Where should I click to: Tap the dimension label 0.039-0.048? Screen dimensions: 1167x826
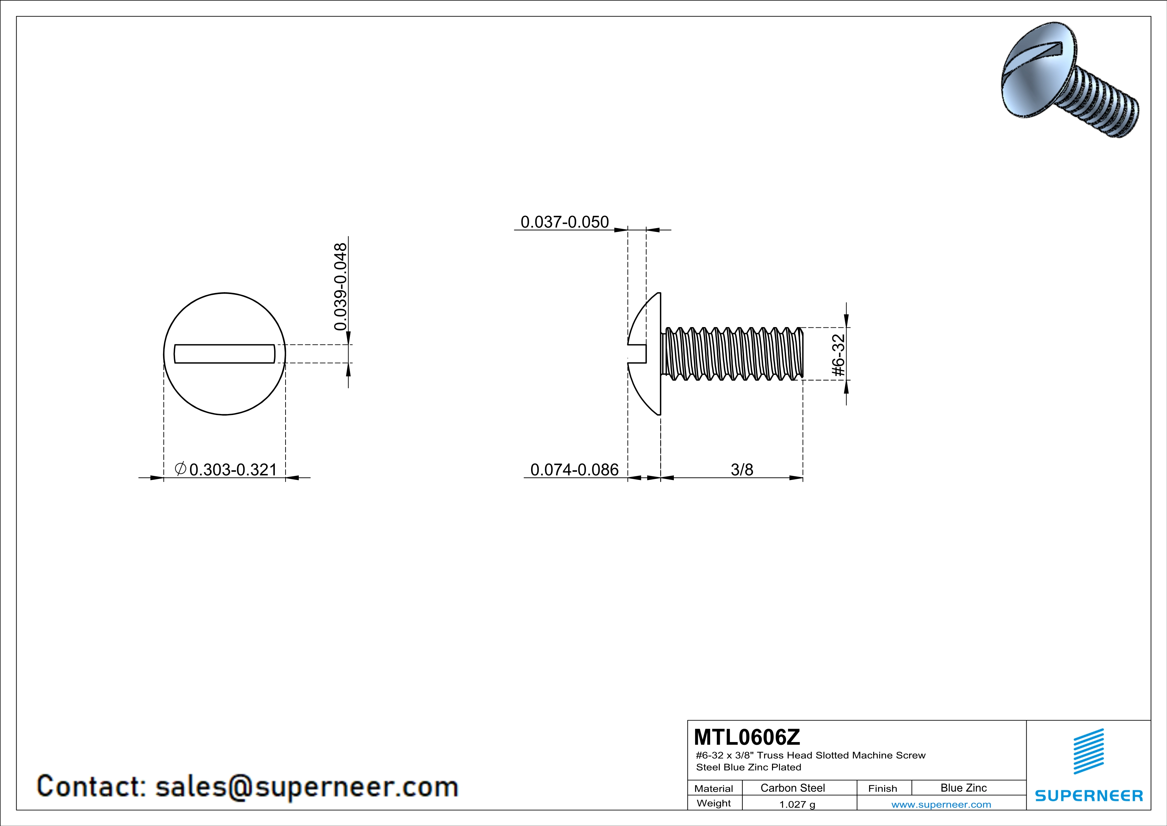340,286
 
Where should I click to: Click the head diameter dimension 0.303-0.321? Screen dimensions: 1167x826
233,470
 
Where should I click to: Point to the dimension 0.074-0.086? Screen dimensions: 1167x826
574,470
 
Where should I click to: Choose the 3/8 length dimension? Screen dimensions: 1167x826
742,470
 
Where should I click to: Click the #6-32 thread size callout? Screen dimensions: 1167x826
838,355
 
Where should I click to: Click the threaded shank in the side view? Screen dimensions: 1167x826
732,353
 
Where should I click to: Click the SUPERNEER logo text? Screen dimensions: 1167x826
1089,795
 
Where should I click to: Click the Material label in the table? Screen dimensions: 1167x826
714,788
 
